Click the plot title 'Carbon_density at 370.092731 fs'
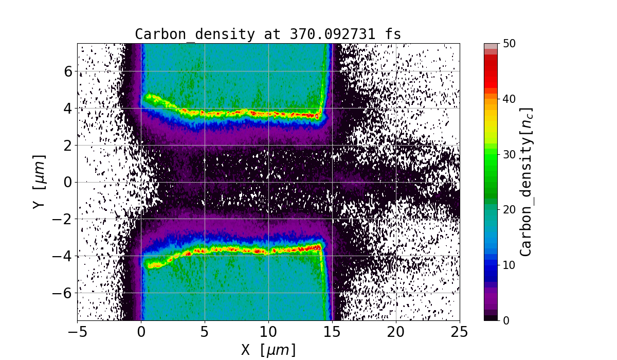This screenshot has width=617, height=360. coord(268,34)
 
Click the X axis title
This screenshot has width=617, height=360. coord(268,350)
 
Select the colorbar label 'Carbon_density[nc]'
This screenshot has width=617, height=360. coord(525,182)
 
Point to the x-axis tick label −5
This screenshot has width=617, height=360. coord(77,331)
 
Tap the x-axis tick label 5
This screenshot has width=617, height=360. coord(205,331)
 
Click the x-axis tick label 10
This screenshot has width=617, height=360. coord(268,331)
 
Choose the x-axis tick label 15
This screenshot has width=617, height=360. coord(332,331)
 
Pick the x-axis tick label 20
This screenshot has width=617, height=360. coord(396,331)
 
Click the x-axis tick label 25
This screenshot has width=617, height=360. coord(460,331)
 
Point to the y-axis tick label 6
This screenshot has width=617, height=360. coord(67,71)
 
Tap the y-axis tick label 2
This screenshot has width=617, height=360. coord(67,145)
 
